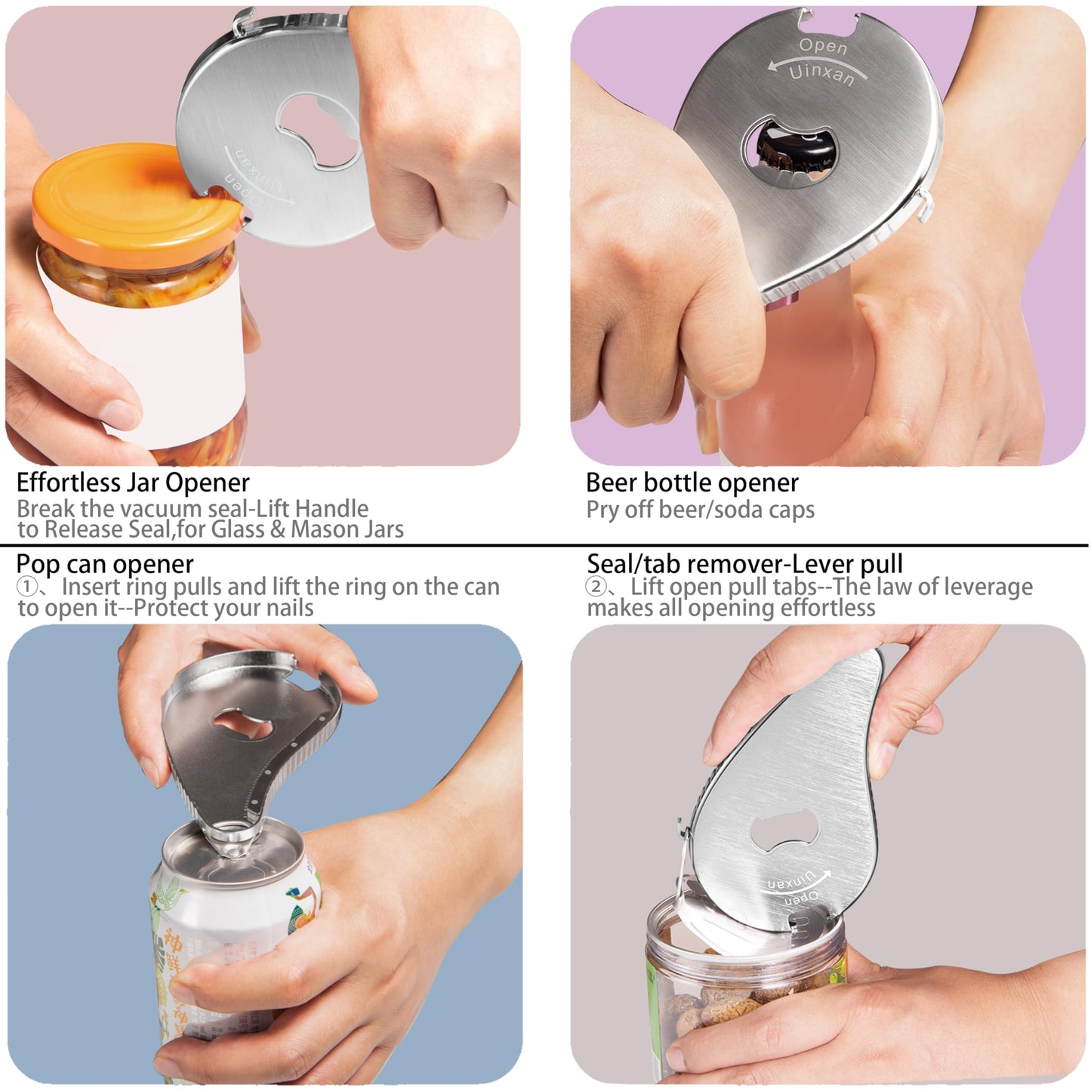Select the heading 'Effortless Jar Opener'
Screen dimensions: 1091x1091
(133, 482)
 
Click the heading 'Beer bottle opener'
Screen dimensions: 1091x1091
(692, 482)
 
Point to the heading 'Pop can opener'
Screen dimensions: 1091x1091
(105, 564)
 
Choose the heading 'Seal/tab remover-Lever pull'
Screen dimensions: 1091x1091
(744, 564)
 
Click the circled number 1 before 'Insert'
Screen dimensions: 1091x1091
(26, 587)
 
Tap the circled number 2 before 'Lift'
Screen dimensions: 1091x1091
(596, 587)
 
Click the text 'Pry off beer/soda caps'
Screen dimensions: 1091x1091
(700, 510)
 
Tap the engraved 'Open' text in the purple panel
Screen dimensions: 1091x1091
(823, 46)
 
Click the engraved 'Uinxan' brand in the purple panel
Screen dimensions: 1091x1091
(821, 74)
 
